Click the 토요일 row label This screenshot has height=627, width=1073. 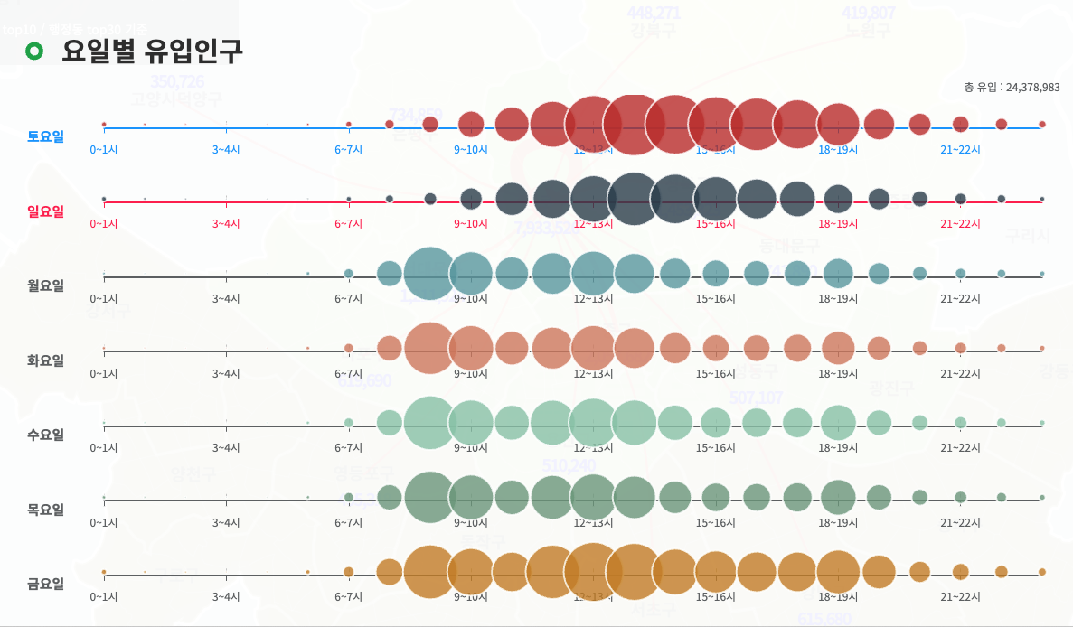point(45,136)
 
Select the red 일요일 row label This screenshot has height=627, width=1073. point(45,211)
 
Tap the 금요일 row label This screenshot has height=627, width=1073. point(45,584)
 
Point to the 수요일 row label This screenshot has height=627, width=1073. point(45,435)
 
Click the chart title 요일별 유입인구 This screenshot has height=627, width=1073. point(152,51)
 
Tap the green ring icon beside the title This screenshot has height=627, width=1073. point(34,51)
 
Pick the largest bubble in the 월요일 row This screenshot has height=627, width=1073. point(430,273)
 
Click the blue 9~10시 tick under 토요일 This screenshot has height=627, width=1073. point(471,149)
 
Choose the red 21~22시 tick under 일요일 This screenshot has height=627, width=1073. point(960,223)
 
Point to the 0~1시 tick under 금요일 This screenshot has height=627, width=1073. point(104,596)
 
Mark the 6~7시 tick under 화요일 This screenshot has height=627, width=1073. point(348,373)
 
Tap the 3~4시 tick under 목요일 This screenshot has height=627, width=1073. point(226,522)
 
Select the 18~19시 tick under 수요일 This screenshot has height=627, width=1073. point(838,447)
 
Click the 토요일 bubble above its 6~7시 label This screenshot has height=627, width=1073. point(348,125)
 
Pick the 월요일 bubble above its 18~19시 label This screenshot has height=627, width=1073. point(838,273)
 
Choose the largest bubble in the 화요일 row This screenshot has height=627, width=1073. point(430,348)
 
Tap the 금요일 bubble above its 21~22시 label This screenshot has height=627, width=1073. point(960,572)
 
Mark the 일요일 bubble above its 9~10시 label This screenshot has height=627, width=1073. point(471,199)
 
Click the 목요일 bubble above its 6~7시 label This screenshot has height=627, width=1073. point(348,497)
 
